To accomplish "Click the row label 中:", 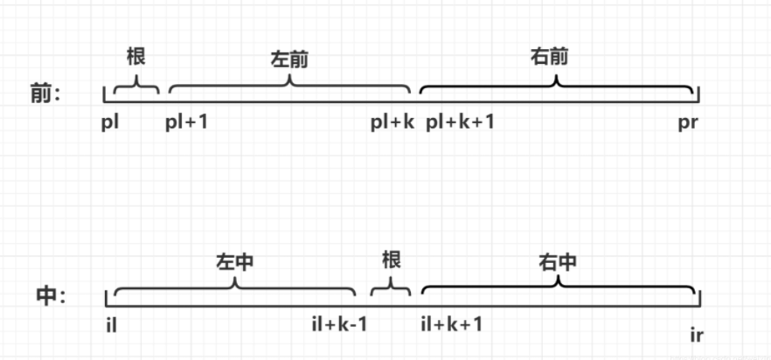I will (50, 296).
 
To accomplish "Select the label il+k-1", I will (339, 324).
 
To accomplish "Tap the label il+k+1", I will (451, 324).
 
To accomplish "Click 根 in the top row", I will (135, 57).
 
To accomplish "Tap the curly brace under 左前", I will (289, 83).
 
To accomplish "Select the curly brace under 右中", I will (559, 285).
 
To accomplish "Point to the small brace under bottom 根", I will (391, 286).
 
